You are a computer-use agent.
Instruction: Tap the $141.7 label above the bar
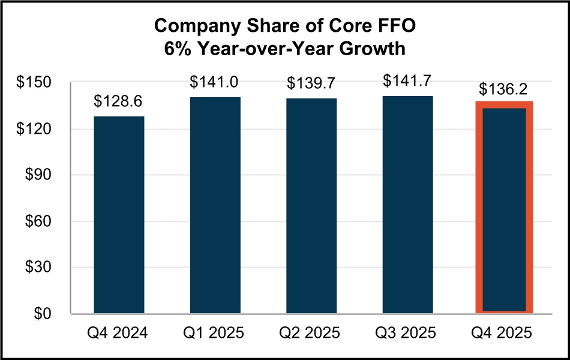408,81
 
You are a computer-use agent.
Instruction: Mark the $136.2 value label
504,89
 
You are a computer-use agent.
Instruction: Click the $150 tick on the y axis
35,83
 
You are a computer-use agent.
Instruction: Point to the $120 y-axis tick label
35,129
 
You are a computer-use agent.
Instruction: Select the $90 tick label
39,175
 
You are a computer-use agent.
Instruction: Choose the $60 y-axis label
39,221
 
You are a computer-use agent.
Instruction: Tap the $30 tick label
39,268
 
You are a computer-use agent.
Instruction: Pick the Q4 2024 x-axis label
119,333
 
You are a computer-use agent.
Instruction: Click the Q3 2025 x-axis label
408,333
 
